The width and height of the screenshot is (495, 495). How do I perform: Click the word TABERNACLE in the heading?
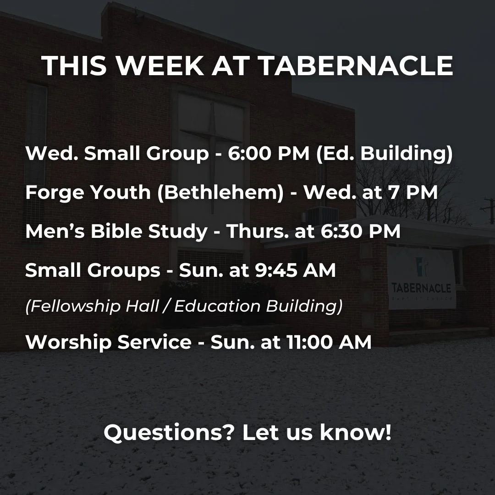[x=356, y=66]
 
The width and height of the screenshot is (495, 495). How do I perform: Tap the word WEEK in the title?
[x=161, y=66]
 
